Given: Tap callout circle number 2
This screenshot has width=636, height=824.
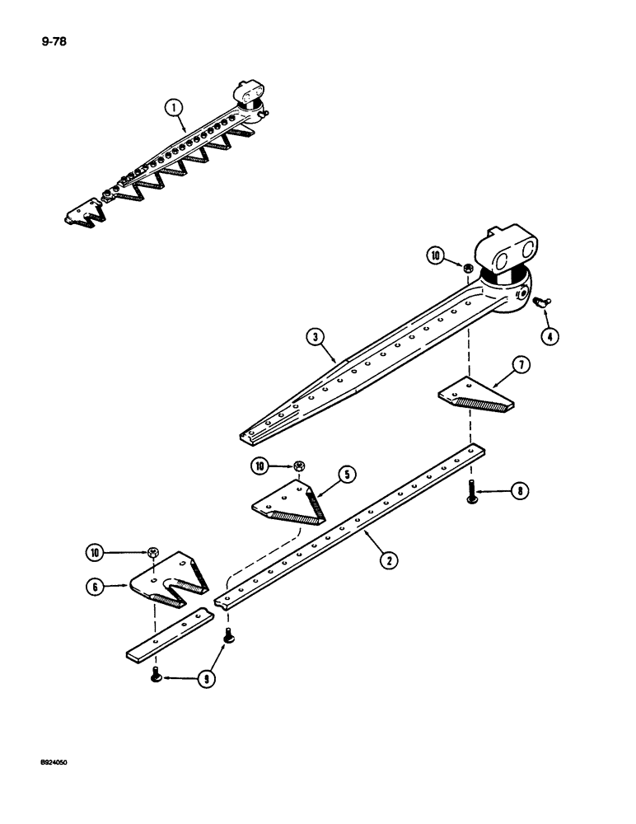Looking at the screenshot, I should click(385, 560).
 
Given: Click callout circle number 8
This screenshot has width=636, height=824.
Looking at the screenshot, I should click(517, 492).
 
